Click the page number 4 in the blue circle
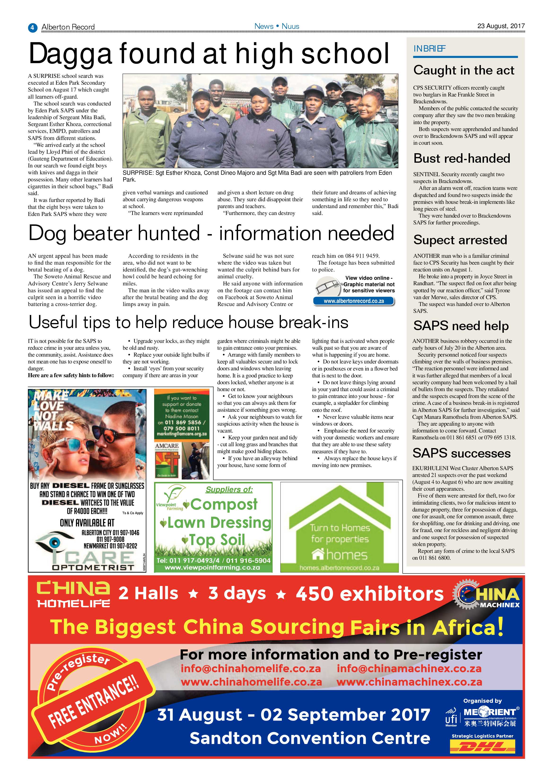32,27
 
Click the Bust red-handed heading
462,158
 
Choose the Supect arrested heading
460,240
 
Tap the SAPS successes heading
462,453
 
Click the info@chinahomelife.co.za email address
251,668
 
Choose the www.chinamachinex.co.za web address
409,682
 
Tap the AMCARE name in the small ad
167,446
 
